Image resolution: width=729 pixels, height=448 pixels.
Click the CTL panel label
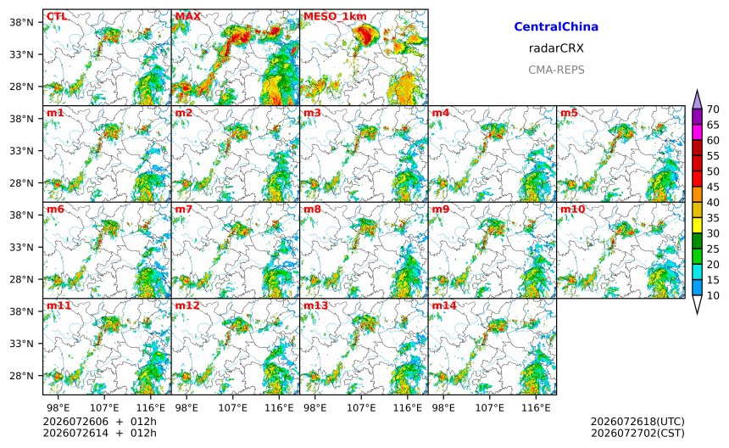[57, 16]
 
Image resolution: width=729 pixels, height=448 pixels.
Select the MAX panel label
[188, 16]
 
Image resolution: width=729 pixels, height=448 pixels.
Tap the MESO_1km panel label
[335, 17]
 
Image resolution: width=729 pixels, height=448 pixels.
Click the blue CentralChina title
[556, 27]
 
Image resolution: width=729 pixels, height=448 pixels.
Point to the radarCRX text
[556, 48]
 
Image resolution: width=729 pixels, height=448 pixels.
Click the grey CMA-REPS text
[556, 70]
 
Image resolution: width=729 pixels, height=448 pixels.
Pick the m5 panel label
[570, 113]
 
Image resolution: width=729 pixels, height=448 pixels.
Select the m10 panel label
[572, 209]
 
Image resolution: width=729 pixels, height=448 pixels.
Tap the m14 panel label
[444, 305]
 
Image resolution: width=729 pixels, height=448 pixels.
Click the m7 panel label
[184, 209]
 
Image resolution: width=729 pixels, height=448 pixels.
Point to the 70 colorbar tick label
[713, 109]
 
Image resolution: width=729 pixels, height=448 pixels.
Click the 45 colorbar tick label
[713, 187]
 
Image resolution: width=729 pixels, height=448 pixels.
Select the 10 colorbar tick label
[713, 295]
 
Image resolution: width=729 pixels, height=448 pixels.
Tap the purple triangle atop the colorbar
[697, 100]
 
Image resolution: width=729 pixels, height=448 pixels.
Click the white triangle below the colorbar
[697, 305]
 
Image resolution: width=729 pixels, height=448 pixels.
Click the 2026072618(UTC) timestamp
[637, 422]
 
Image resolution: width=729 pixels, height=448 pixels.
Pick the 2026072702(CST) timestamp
[637, 433]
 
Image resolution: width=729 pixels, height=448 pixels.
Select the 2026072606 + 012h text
[99, 422]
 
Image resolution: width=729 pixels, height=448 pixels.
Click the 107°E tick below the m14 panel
[490, 408]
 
